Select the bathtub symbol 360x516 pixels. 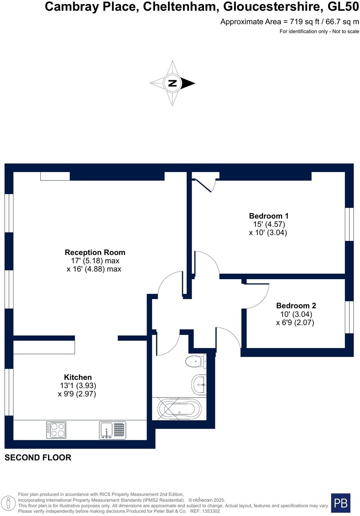coord(179,409)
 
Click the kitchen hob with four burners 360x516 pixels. coord(56,430)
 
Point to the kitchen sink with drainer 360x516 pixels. coord(113,430)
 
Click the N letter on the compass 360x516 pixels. coord(172,83)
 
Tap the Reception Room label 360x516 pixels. coord(95,252)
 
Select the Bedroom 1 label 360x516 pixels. coord(268,216)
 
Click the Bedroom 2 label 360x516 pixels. coord(296,306)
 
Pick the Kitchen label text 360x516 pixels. coord(78,377)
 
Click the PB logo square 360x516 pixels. coord(341,503)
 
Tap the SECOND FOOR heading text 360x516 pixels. coord(38,458)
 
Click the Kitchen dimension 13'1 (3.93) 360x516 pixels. coord(78,386)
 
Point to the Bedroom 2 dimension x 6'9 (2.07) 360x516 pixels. coord(295,323)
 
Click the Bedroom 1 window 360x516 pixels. coord(349,224)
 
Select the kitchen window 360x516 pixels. coord(9,392)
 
